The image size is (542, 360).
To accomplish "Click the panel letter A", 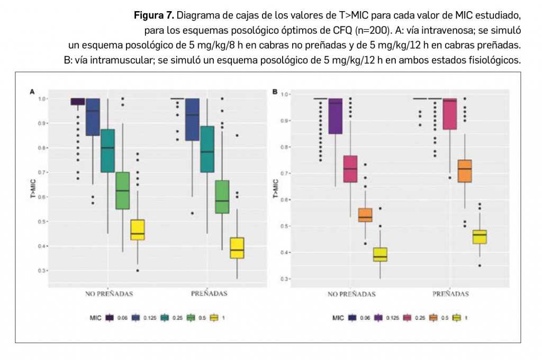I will pos(32,92).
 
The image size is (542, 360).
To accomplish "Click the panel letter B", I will pos(275,92).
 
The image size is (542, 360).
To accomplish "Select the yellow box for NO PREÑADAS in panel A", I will pos(138,230).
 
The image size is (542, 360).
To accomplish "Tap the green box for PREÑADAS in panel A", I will pos(222,197).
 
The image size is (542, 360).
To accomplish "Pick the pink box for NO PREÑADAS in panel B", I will pos(350,169).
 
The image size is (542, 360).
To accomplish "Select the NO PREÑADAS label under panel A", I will pos(109,293).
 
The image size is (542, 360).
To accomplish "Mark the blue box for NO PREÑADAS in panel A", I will pos(93,117).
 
